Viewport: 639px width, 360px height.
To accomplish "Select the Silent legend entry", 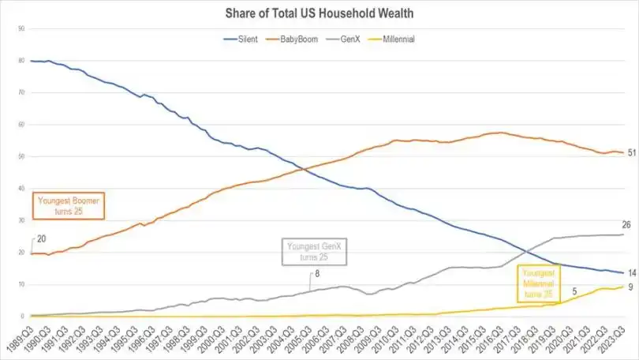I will tap(241, 38).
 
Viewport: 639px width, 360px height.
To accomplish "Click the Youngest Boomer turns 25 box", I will tap(69, 206).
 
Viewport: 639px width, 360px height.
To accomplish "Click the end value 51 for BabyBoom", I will tap(632, 152).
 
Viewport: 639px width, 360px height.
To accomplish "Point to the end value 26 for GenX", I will tap(626, 224).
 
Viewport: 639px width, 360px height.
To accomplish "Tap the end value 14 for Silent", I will tap(632, 272).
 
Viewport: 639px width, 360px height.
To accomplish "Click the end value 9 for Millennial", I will tap(633, 287).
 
